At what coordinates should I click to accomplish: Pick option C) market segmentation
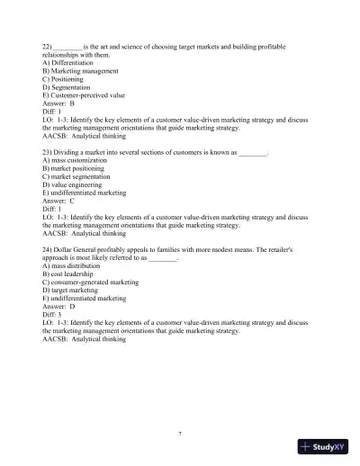pyautogui.click(x=81, y=176)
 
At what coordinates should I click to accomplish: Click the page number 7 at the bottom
pyautogui.click(x=180, y=434)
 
